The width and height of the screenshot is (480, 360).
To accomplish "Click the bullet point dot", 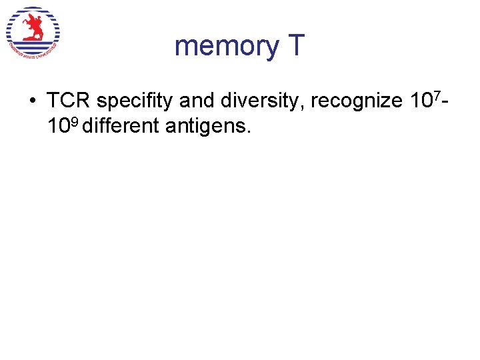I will (32, 101).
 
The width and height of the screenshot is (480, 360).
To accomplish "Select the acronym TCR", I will (69, 101).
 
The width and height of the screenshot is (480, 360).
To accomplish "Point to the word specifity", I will (133, 102).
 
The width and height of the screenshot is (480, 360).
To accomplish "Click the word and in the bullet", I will (193, 101).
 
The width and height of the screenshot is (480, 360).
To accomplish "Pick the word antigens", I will (205, 125).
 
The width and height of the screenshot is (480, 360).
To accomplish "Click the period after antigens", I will (249, 131).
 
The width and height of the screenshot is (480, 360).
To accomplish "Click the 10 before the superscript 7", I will (418, 101).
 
